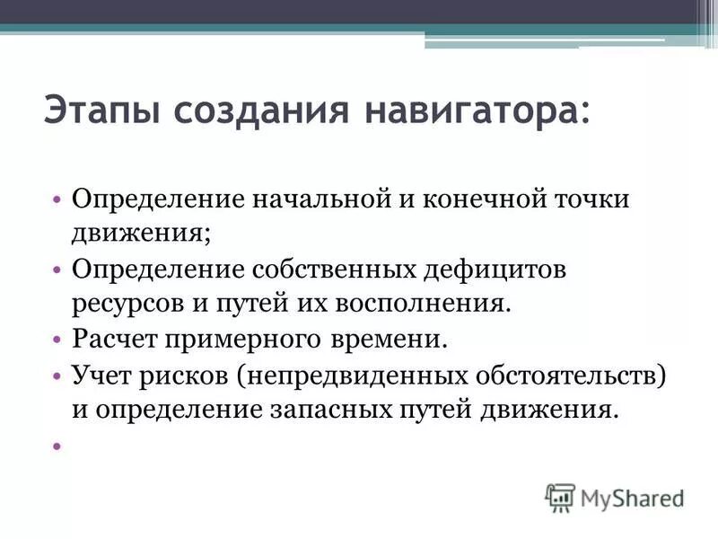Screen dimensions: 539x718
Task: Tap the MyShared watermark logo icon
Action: coord(560,496)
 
